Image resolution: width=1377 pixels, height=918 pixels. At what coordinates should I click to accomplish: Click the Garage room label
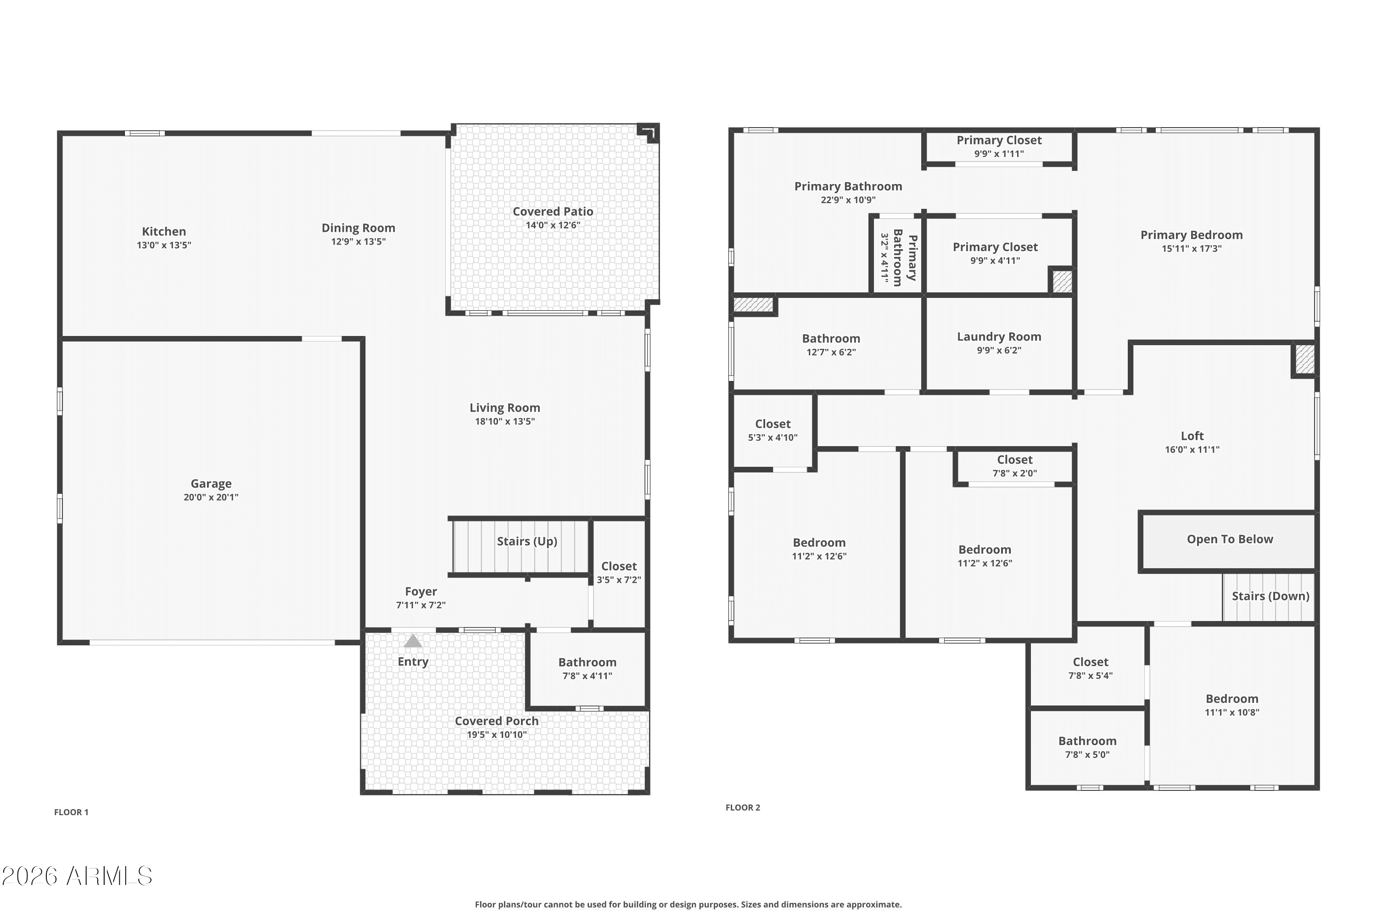click(211, 484)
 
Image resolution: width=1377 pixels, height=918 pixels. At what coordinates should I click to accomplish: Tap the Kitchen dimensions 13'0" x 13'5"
click(164, 245)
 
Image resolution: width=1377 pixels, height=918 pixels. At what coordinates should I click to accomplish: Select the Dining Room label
click(358, 228)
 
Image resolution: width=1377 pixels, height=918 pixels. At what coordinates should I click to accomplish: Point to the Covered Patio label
click(553, 211)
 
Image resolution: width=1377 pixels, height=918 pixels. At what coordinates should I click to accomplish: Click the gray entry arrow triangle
click(413, 641)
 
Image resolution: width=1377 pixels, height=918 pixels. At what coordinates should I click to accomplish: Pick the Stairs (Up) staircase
click(521, 546)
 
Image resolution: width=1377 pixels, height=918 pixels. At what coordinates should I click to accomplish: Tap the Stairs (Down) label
click(1270, 596)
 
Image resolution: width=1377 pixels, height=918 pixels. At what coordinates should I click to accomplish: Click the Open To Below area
click(1230, 539)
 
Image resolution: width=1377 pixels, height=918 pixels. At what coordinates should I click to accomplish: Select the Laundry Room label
click(999, 336)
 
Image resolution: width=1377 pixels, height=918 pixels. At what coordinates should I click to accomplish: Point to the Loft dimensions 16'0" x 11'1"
click(1192, 450)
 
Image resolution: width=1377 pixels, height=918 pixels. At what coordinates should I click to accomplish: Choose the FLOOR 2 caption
click(742, 807)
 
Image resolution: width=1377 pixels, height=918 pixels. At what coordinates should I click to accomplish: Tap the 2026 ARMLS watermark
click(77, 876)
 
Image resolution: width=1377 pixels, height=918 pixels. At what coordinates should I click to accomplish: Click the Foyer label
click(420, 591)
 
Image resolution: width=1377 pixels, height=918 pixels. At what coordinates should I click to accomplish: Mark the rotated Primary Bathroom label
click(905, 257)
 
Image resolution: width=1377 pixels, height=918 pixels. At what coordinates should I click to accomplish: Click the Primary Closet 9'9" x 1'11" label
click(999, 140)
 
